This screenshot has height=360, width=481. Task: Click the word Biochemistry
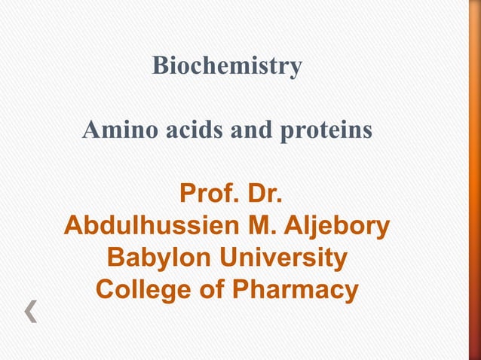pyautogui.click(x=227, y=66)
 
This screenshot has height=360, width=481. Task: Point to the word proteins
pyautogui.click(x=326, y=132)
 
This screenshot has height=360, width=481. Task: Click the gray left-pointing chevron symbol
pyautogui.click(x=31, y=310)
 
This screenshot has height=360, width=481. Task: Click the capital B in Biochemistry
pyautogui.click(x=160, y=66)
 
